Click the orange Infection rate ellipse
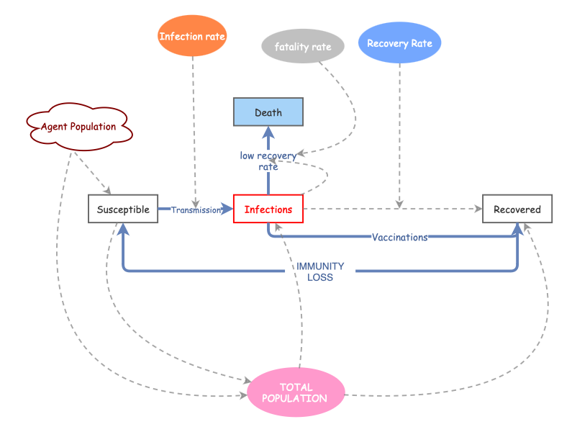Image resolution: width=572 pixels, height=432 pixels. [x=192, y=36]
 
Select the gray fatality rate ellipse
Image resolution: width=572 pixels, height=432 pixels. [x=303, y=47]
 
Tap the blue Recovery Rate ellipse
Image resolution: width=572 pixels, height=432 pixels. [x=399, y=43]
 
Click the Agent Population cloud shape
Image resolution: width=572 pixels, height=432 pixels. [x=78, y=127]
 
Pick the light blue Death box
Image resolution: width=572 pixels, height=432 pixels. [x=268, y=112]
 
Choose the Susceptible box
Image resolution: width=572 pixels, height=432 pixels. [x=123, y=210]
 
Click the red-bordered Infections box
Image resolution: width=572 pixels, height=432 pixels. [x=268, y=210]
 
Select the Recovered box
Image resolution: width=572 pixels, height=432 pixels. [x=517, y=210]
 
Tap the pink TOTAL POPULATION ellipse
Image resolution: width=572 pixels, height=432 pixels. [x=296, y=392]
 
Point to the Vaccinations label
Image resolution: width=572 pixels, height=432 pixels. [x=399, y=237]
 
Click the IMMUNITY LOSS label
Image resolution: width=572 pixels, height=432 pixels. [x=320, y=271]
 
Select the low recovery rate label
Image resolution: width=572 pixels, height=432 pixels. [x=268, y=161]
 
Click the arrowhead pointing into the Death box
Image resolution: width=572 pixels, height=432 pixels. [x=268, y=132]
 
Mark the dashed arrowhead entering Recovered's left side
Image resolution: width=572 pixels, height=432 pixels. [x=477, y=210]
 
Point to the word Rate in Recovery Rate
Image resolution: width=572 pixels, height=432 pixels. [x=422, y=43]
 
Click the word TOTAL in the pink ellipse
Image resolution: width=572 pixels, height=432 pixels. [x=296, y=387]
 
